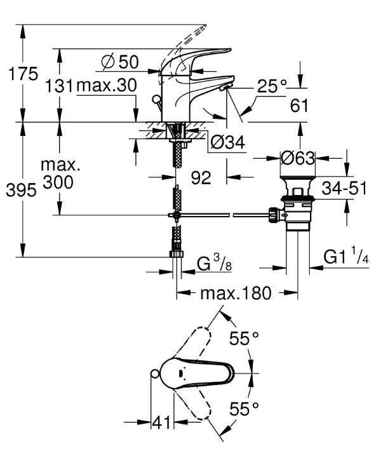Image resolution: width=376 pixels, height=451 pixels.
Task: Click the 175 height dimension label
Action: pos(23,74)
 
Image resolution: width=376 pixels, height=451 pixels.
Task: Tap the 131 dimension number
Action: pos(60,86)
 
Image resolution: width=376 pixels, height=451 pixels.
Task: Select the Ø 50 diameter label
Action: pos(120,62)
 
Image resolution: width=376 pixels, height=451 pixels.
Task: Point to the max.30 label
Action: pos(107,85)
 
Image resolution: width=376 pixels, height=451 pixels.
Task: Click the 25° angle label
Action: pos(272,86)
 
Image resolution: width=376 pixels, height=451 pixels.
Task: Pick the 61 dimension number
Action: pos(299,105)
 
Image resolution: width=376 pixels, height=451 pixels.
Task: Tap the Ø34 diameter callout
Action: pos(227,142)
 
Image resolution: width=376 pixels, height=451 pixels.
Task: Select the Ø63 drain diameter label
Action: pos(298,158)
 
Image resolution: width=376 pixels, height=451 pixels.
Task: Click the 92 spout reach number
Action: pos(201,177)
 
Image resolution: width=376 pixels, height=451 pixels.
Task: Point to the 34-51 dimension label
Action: pos(344,189)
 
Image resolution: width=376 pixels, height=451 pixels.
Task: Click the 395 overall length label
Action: pos(22,190)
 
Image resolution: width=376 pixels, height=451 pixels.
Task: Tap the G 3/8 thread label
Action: pos(214,264)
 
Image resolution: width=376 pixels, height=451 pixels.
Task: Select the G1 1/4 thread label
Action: pos(346,255)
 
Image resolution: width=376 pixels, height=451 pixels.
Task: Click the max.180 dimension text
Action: pos(236,293)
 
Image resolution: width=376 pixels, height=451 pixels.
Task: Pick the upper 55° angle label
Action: pos(244,338)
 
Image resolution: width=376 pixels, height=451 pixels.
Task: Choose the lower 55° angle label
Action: pos(244,408)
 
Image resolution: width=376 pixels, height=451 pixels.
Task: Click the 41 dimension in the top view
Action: pos(161,422)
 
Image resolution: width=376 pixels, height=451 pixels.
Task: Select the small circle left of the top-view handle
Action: pos(155,374)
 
